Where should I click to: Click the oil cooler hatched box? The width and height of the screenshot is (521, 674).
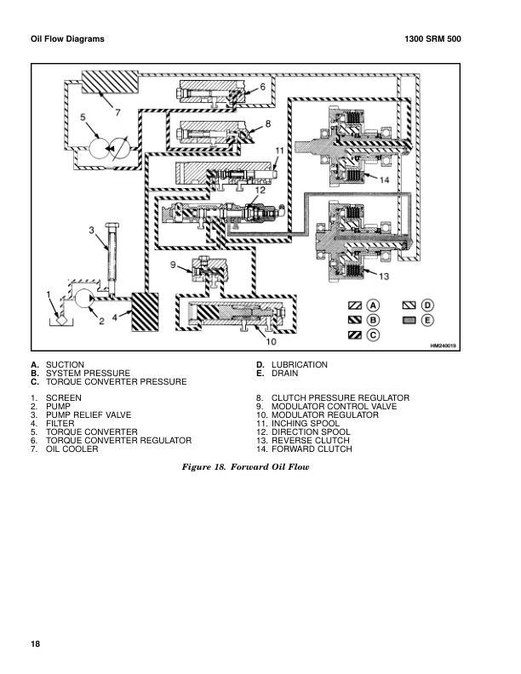point(110,82)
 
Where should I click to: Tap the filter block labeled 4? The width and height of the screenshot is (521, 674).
point(145,312)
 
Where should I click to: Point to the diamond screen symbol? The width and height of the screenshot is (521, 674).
point(61,319)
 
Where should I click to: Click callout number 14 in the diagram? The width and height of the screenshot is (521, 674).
point(384,180)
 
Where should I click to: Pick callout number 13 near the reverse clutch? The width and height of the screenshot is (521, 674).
point(383,276)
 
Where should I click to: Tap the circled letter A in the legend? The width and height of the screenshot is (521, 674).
point(373,306)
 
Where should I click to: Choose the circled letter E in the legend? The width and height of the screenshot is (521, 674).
point(427,320)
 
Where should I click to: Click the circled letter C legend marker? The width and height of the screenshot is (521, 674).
point(373,334)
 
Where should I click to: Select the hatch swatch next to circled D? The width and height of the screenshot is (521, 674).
point(409,306)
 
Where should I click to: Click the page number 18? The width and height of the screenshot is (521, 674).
point(35,643)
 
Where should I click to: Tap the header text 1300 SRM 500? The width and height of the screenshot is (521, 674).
point(432,38)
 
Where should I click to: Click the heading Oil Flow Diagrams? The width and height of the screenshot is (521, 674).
point(67,38)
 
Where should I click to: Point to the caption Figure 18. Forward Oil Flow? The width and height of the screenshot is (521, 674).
point(245,467)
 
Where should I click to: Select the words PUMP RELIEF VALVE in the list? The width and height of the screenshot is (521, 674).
point(89,414)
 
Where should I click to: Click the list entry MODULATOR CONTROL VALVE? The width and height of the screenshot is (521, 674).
point(334,406)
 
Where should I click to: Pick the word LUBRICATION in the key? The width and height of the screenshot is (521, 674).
point(299,364)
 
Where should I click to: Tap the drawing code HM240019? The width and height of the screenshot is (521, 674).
point(443,346)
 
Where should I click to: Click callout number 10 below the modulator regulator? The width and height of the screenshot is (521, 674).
point(271,342)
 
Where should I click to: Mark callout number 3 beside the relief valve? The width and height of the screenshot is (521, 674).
point(91,231)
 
